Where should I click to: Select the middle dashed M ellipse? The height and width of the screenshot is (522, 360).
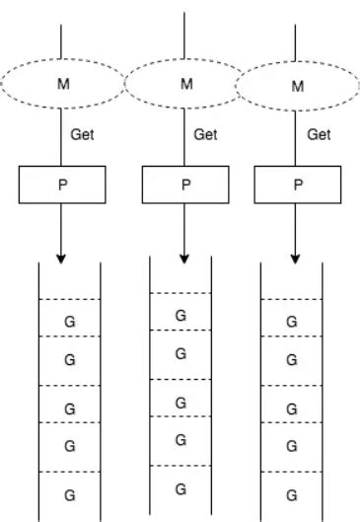point(185,84)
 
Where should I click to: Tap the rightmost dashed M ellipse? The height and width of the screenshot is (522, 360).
point(296,86)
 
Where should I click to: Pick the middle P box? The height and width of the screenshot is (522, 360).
point(185,183)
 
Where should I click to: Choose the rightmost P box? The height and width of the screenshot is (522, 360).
point(296,183)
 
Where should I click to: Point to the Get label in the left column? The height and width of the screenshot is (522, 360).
point(83,135)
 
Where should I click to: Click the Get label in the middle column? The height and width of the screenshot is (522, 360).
point(205,135)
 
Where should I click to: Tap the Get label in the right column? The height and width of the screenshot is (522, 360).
point(319,135)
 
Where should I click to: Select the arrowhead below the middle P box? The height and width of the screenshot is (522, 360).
point(185,259)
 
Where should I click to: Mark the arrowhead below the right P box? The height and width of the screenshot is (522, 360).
point(296,259)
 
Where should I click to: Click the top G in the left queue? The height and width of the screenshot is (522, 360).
point(69,321)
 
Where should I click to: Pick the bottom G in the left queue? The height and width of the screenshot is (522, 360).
point(69,492)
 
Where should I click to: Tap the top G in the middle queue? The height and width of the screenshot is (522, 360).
point(180,316)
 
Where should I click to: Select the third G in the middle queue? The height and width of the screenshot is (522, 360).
point(180,403)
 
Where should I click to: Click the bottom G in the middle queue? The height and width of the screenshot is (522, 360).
point(180,488)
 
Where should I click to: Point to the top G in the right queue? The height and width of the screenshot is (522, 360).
point(291,321)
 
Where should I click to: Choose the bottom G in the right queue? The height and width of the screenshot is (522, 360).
point(291,492)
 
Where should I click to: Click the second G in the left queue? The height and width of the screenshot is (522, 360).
point(69,360)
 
